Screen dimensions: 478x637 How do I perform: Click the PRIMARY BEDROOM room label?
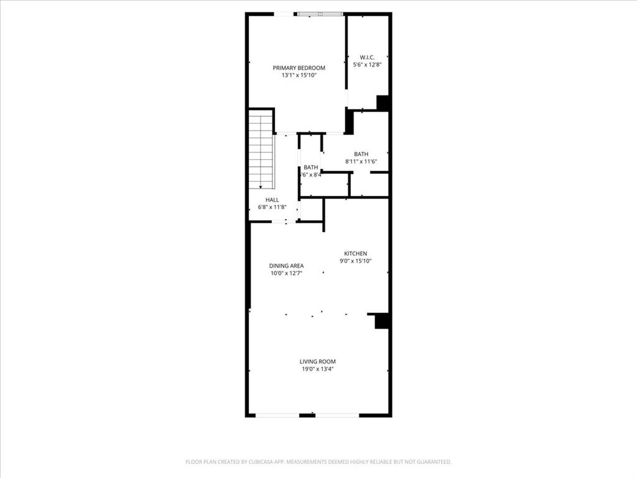[x=299, y=68]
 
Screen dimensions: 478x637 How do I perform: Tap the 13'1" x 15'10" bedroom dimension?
[x=299, y=75]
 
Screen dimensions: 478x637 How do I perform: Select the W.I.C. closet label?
[x=367, y=57]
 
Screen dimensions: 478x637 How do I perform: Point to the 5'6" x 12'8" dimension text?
[x=367, y=64]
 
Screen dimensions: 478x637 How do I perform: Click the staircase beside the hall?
[x=261, y=149]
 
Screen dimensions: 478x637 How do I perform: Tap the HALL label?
[x=272, y=200]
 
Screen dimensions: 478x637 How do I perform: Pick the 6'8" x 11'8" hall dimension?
[x=272, y=207]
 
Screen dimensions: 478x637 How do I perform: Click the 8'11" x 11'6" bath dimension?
[x=361, y=162]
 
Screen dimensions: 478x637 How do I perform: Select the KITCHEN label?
[x=356, y=253]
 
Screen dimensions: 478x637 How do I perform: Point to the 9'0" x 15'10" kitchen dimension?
[x=356, y=261]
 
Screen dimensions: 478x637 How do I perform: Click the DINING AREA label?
[x=286, y=266]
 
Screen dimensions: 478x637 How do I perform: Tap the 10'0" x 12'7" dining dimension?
[x=286, y=273]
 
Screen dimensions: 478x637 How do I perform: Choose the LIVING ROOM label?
[x=318, y=361]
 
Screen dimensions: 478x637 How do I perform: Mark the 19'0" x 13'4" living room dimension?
[x=318, y=369]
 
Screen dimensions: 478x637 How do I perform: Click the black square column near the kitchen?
[x=382, y=321]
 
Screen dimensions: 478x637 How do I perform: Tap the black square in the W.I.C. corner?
[x=383, y=103]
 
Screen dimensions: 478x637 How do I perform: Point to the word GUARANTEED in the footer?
[x=431, y=462]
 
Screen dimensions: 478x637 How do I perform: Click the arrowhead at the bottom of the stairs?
[x=261, y=186]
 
